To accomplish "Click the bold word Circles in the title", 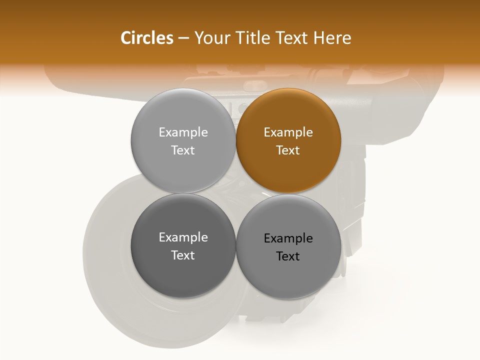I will pos(146,38).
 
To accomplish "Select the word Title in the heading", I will pos(251,38).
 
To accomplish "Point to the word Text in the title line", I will pos(290,38).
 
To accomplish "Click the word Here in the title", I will pos(332,38).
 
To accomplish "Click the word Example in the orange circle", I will pos(288,132).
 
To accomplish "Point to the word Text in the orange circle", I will pos(288,150).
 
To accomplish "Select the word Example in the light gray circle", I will pos(183,132).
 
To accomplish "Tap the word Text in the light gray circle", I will pos(183,150).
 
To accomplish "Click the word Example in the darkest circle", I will pos(183,237).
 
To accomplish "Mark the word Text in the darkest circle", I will pos(183,255).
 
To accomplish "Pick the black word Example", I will pos(288,238).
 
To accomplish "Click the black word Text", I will pos(288,256).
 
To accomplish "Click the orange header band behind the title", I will pos(410,30).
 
